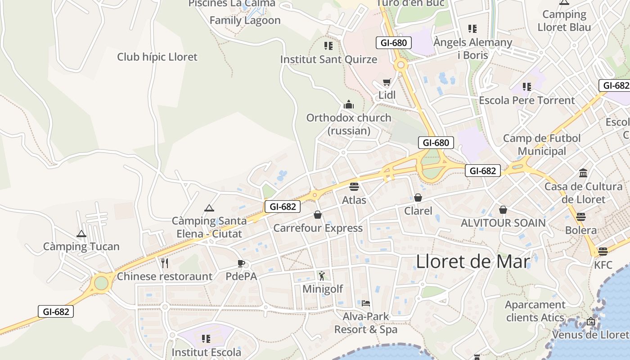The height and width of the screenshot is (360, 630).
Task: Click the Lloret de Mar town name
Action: coord(473,261)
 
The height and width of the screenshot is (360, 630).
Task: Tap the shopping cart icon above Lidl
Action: coord(387,82)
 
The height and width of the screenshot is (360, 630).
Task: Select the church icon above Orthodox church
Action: coord(349,105)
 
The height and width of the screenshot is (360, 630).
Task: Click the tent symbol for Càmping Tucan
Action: coord(81,234)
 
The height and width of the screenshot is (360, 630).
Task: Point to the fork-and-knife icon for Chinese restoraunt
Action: coord(165,263)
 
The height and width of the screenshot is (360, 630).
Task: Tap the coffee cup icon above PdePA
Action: coord(241,263)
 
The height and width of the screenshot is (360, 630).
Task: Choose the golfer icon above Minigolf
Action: coord(322,275)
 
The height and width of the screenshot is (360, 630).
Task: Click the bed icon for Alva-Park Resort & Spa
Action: coord(366,303)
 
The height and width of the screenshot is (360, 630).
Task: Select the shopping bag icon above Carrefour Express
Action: coord(318,215)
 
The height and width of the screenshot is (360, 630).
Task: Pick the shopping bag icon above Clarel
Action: coord(418,198)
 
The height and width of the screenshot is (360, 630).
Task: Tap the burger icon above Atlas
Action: coord(354,186)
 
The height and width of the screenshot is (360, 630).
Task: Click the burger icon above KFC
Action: coord(603,251)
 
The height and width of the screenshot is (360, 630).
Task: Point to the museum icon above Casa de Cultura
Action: coord(583,173)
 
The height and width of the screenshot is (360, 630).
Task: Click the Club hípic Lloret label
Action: coord(157,57)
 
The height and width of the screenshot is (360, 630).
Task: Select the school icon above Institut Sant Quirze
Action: coord(328,46)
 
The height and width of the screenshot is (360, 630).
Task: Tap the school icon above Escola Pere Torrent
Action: coord(527,87)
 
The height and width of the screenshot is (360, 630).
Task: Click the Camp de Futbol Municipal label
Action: coord(542,144)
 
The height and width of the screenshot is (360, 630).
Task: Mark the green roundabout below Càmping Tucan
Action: coord(101,283)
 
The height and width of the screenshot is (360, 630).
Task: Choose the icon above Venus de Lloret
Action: coord(591,322)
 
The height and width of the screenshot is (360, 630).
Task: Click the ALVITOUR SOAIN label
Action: coord(503,223)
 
